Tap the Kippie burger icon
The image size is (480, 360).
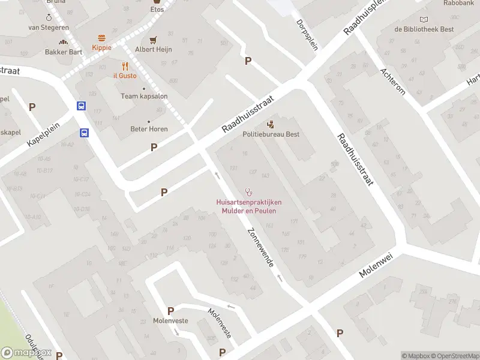101,38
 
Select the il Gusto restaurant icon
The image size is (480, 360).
125,66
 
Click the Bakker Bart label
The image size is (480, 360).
64,52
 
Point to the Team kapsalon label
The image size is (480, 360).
144,96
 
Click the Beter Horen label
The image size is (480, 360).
149,129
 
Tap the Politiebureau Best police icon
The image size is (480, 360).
271,125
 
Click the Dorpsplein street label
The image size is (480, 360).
307,35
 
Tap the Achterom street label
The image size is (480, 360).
393,81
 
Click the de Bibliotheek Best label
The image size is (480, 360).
424,29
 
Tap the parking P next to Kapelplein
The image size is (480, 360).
32,107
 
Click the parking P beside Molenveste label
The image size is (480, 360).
170,311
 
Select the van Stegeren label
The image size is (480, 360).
48,28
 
